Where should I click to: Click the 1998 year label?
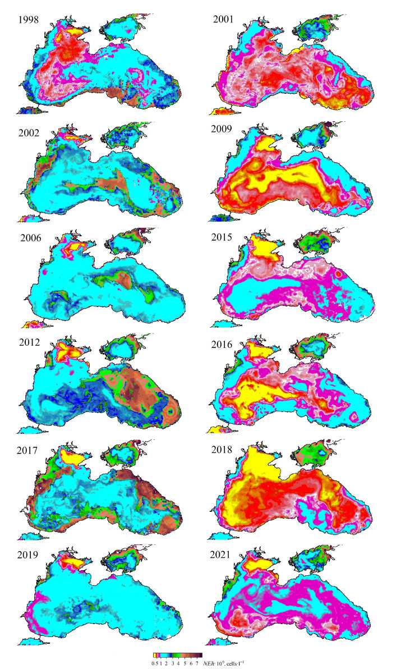(x=29, y=20)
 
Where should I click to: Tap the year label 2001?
(x=224, y=20)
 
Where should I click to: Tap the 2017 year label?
(x=29, y=450)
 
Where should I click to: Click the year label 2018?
(x=224, y=450)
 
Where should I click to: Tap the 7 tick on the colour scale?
(x=196, y=663)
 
